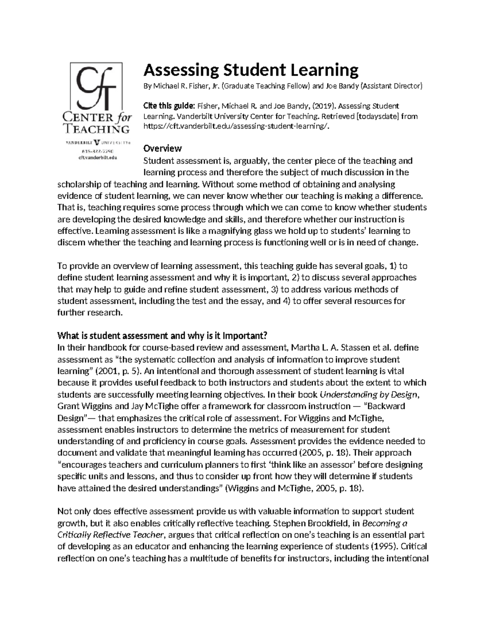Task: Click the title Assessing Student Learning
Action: click(x=251, y=70)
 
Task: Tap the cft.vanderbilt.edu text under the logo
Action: click(x=96, y=157)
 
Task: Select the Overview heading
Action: click(x=163, y=148)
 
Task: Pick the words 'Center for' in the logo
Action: click(x=96, y=118)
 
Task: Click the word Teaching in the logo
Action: click(x=96, y=129)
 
